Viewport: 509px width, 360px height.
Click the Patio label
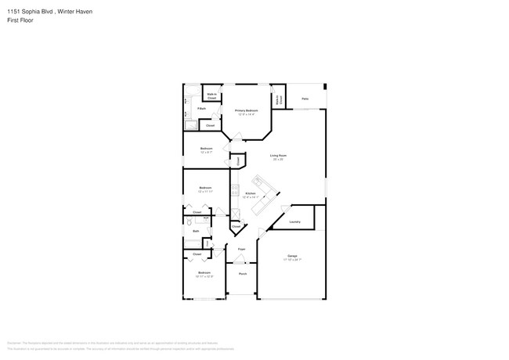coord(305,99)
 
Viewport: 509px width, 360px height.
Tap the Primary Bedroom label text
coord(247,110)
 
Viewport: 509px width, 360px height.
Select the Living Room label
coord(278,155)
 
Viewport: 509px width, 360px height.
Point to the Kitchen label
coord(250,193)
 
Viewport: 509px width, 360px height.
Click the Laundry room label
coord(294,221)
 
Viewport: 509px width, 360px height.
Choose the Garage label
coord(292,256)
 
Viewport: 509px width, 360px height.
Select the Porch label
coord(243,274)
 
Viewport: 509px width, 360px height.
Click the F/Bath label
coord(201,109)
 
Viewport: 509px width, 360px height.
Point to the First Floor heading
coord(18,20)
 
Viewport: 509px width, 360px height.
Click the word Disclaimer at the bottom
coord(14,343)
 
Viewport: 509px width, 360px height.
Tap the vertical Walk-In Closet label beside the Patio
coord(278,100)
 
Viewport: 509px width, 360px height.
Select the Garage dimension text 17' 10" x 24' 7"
coord(292,260)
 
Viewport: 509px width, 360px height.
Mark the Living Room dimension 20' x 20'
coord(278,159)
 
